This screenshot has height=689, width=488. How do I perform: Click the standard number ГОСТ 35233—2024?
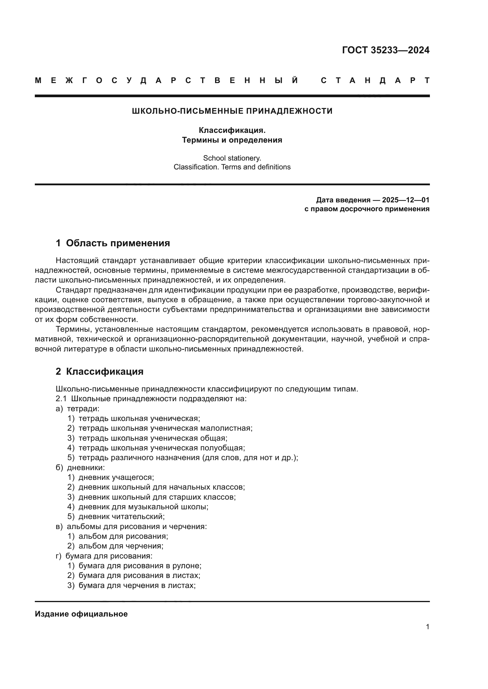386,50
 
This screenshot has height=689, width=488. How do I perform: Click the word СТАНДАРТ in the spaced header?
375,81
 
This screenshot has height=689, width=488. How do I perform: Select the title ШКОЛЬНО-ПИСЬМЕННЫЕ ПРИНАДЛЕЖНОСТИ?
232,111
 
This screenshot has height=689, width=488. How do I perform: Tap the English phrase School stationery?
232,158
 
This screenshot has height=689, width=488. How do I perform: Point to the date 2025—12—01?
406,200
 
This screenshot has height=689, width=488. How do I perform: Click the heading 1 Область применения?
113,243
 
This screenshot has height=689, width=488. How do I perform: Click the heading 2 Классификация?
99,371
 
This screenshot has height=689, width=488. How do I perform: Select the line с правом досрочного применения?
367,209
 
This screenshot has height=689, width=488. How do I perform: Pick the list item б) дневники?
80,467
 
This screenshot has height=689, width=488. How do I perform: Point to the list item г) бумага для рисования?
104,556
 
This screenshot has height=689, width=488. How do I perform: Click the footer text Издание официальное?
81,614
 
